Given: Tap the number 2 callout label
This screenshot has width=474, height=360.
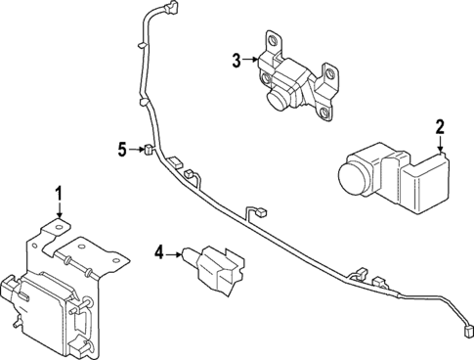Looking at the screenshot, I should (x=440, y=126).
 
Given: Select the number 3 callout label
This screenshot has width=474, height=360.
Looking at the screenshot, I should (x=236, y=61).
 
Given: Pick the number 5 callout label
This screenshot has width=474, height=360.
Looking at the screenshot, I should (x=121, y=150).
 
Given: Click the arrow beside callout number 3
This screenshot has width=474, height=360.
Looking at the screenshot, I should (x=249, y=61).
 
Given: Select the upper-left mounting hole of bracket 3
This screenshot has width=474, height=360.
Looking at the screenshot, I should (x=272, y=41).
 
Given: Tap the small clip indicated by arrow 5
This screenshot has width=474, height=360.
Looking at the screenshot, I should (x=146, y=150).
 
